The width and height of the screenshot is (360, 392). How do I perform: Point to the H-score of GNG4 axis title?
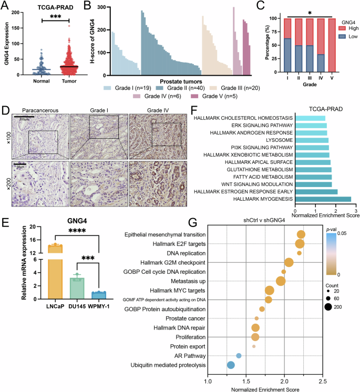88,42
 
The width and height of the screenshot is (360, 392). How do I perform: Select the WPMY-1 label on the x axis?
96,306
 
